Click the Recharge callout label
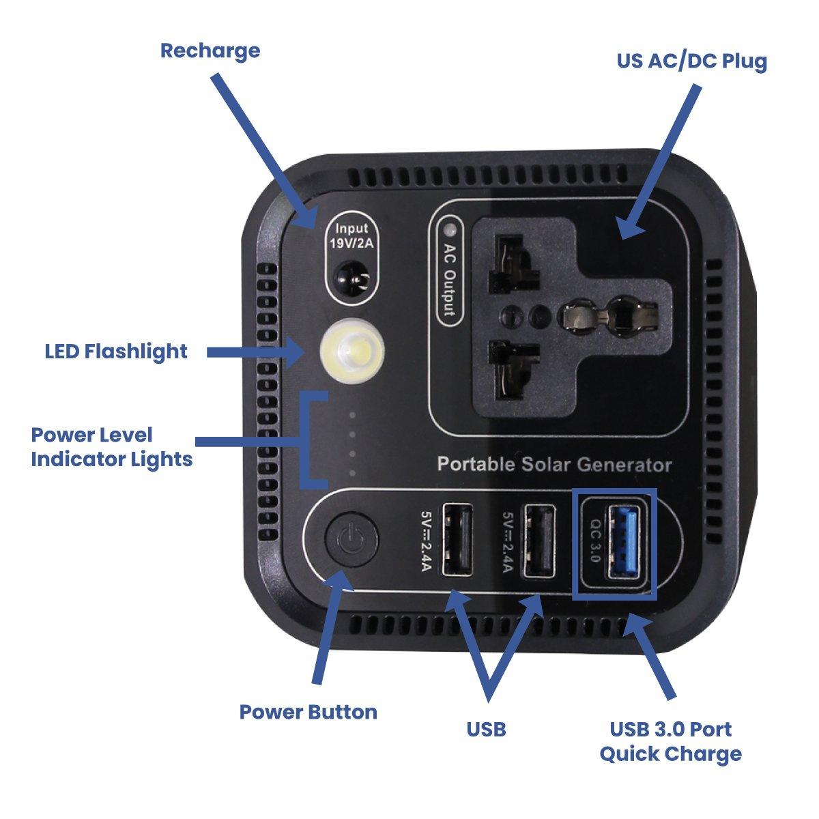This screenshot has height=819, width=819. pos(210,51)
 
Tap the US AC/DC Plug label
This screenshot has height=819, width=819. pos(691,61)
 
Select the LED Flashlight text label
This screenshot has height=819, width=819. pos(115,351)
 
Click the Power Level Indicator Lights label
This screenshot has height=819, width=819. pos(111,447)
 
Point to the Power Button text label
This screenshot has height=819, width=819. pos(308,712)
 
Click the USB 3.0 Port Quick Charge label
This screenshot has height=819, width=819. pos(670,741)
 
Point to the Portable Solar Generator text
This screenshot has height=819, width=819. pos(554,465)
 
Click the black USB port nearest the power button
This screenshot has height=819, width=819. pos(458,541)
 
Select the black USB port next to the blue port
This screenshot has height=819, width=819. pos(538,541)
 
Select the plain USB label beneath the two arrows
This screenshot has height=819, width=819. pos(486,729)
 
